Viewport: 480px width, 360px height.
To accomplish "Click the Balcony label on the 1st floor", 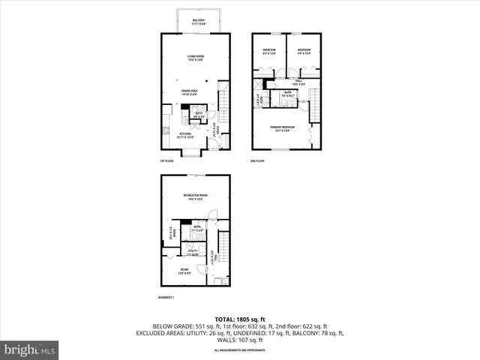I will click(198, 22).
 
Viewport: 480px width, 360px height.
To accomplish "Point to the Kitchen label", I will click(184, 136).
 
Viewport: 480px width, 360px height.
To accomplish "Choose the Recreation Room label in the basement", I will click(195, 197).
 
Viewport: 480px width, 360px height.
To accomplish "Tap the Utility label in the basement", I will click(193, 252).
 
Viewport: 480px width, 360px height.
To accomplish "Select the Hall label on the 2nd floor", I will click(298, 82).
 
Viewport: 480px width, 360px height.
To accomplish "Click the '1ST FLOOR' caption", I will click(166, 160).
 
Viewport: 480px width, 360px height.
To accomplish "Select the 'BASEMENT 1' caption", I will click(166, 298).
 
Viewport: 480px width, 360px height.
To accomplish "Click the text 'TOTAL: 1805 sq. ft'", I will click(239, 318).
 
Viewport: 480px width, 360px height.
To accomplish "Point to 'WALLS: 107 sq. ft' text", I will click(239, 340).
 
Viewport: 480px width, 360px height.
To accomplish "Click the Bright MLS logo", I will click(30, 349).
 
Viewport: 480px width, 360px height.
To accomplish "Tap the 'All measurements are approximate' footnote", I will click(239, 350).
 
